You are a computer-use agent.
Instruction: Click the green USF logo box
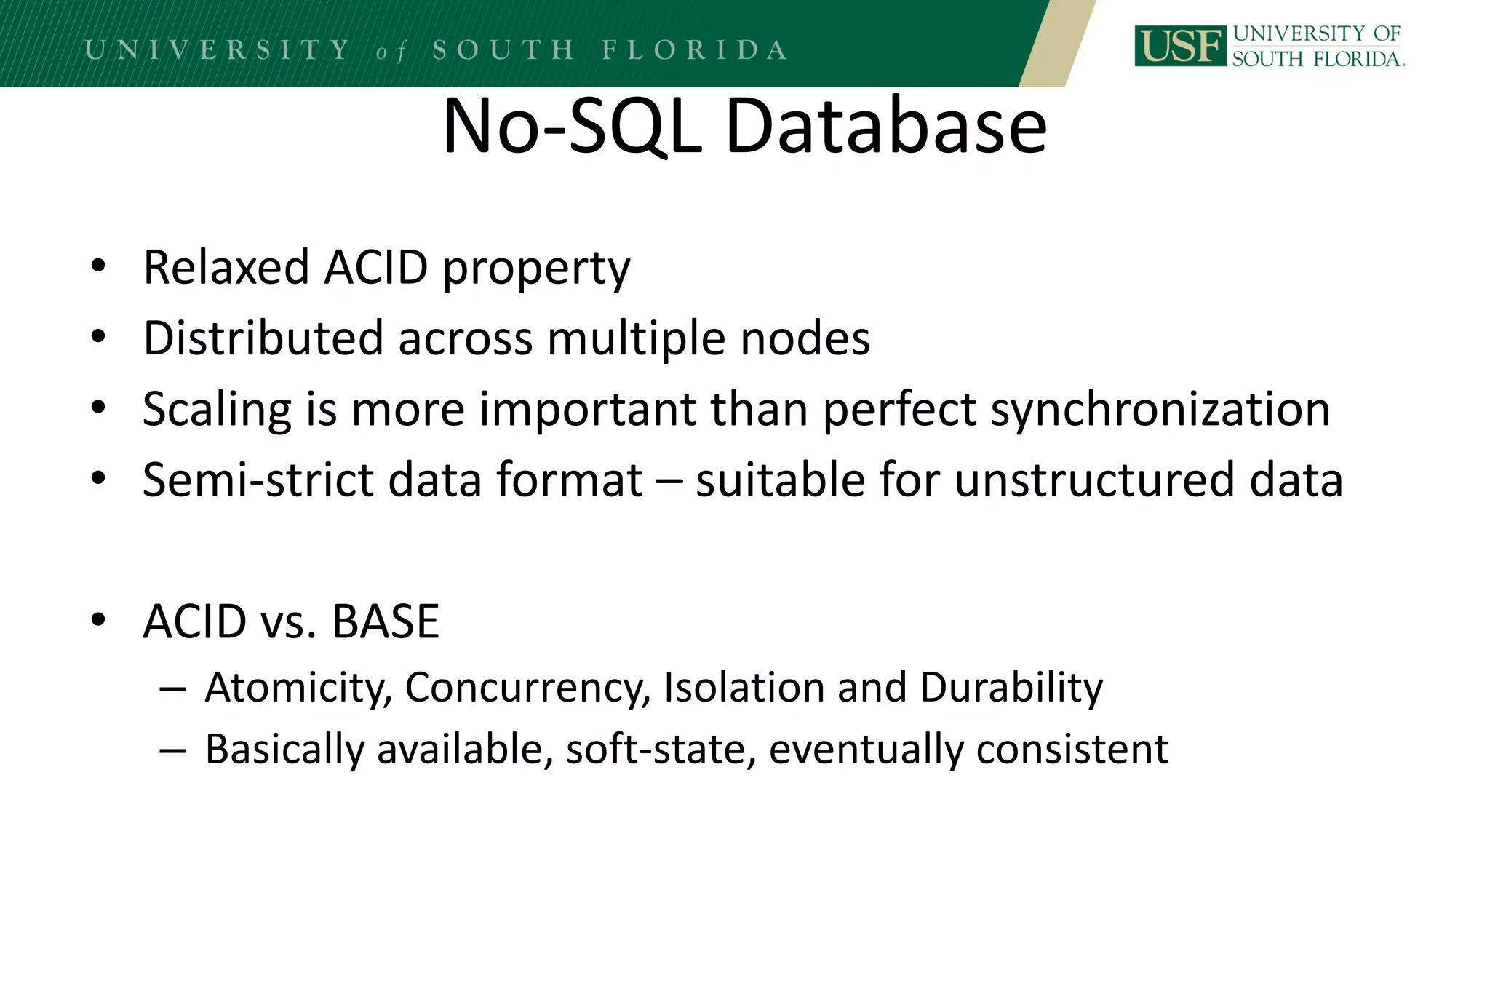[1179, 46]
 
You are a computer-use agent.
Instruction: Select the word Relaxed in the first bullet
[226, 267]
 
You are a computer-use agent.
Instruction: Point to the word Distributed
[263, 338]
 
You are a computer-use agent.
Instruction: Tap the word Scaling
[217, 410]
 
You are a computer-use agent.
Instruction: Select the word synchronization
[1160, 410]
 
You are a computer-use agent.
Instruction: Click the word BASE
[386, 622]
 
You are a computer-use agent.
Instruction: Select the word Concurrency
[527, 688]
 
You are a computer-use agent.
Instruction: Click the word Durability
[1011, 688]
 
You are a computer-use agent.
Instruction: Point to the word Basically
[284, 750]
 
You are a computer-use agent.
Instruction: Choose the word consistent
[1072, 750]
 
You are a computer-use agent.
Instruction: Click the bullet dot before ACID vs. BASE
[98, 621]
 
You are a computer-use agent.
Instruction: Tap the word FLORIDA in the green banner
[694, 50]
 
